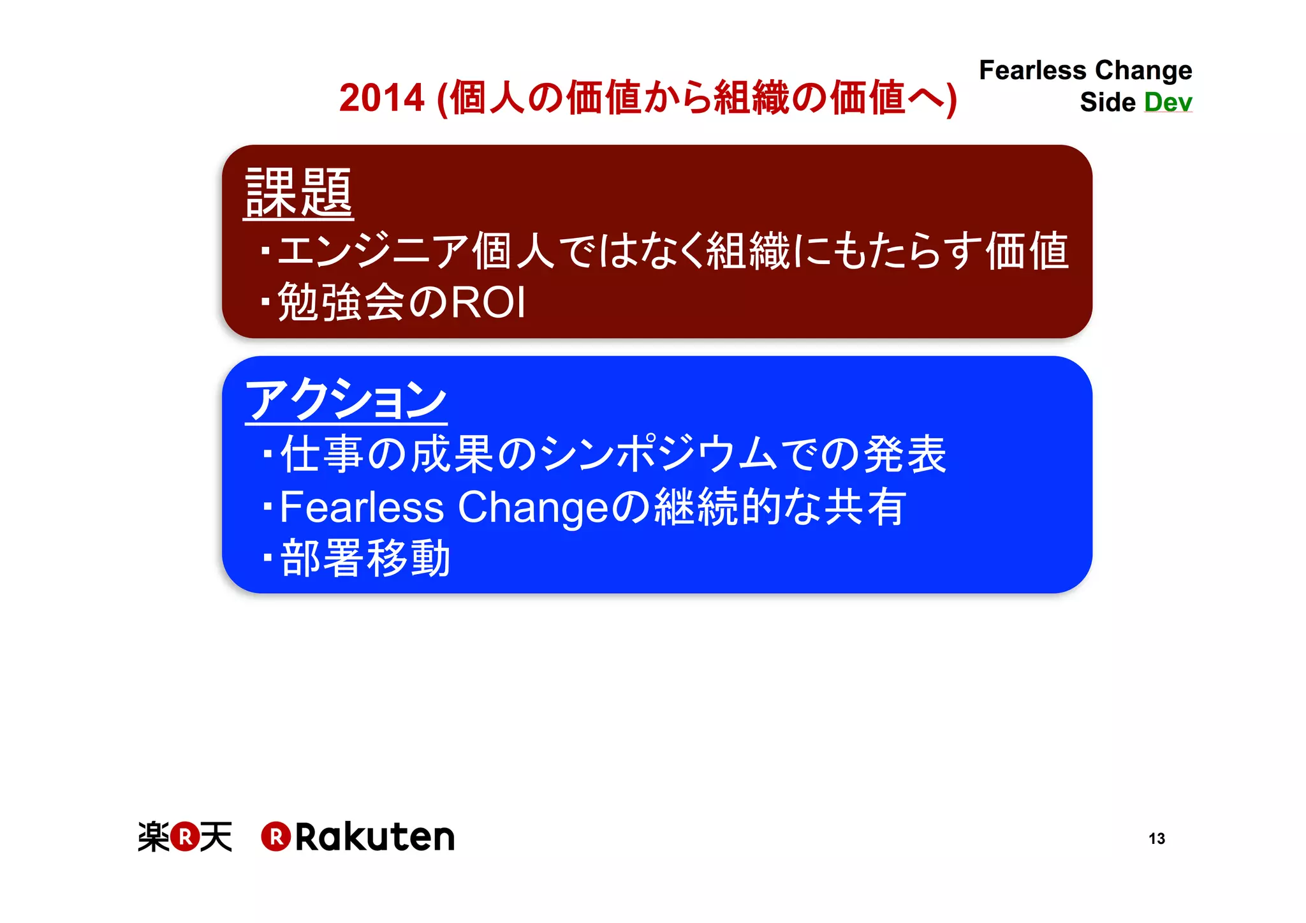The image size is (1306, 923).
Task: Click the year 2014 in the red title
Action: click(x=381, y=98)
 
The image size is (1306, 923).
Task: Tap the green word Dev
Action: click(x=1168, y=102)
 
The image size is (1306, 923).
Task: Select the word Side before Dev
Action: click(x=1108, y=102)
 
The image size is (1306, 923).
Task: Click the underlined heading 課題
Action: click(x=298, y=193)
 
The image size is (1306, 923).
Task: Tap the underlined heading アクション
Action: click(x=346, y=399)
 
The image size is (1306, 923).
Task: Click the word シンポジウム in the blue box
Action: click(x=659, y=454)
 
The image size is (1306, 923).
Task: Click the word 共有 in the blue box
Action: click(x=865, y=507)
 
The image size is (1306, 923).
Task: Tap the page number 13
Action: click(x=1156, y=838)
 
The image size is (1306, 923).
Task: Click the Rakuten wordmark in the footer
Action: click(x=374, y=837)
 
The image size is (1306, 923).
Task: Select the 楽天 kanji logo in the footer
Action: click(x=185, y=837)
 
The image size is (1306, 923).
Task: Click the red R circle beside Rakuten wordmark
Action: click(x=275, y=837)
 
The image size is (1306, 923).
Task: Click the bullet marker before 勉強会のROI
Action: click(x=266, y=302)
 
